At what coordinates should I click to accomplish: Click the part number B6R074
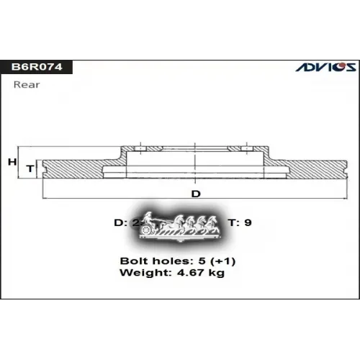[36, 68]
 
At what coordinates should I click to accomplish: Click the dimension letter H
[12, 162]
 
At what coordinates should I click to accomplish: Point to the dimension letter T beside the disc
[30, 168]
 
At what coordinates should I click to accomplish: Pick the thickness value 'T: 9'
[240, 222]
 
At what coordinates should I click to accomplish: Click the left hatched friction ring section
[76, 168]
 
